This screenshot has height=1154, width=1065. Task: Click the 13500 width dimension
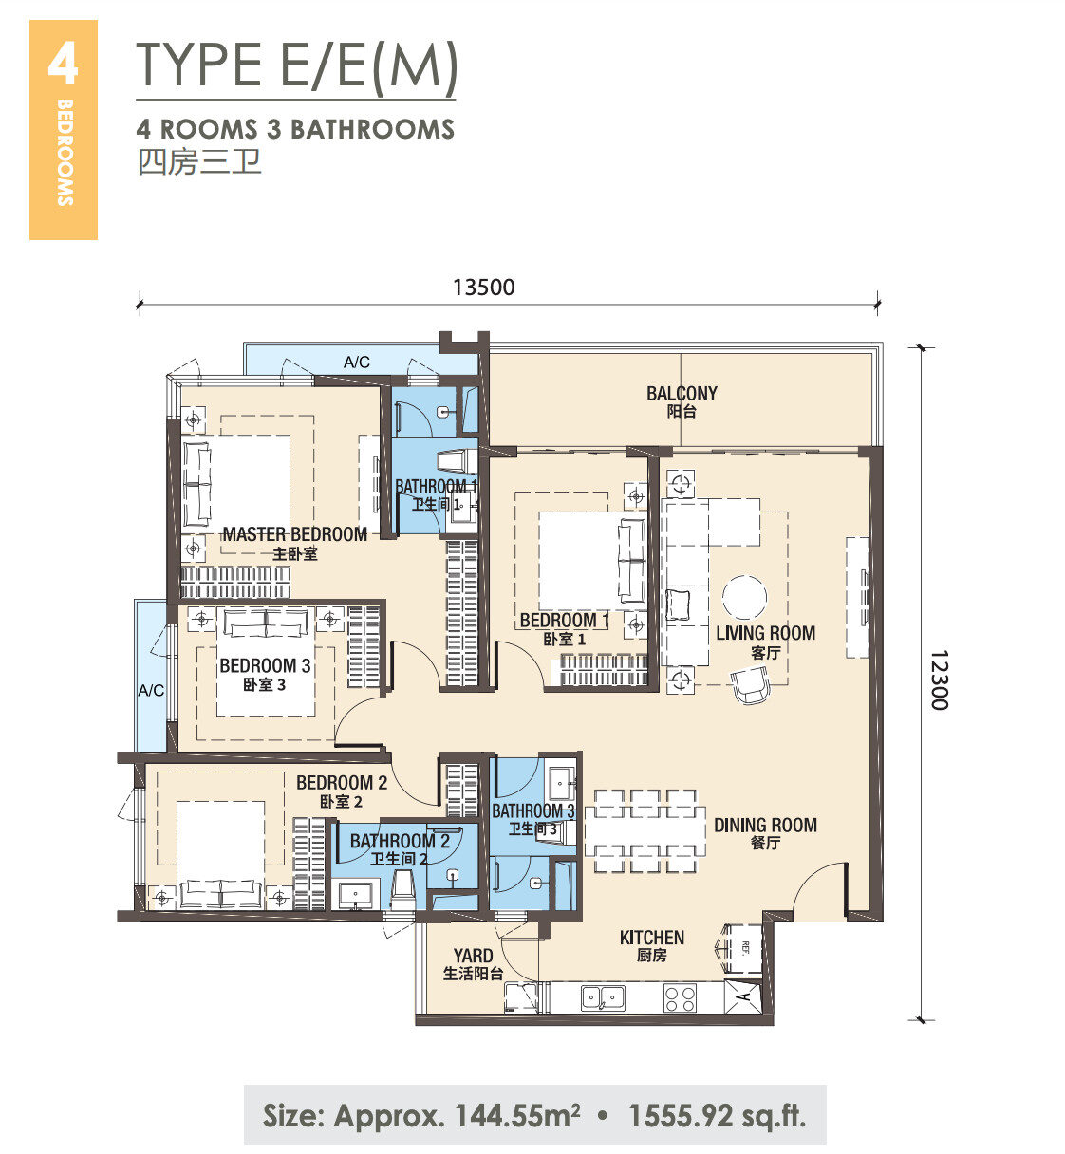click(x=484, y=287)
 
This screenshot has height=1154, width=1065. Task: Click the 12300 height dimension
click(x=939, y=679)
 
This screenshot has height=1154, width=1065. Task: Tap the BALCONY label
click(x=682, y=394)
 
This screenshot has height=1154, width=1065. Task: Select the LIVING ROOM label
click(x=765, y=633)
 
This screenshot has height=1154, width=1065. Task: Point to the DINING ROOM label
click(x=765, y=825)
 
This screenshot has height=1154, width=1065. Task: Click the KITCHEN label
click(x=652, y=938)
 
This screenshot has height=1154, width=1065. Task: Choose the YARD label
click(x=474, y=956)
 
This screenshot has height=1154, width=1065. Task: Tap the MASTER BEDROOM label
click(x=295, y=534)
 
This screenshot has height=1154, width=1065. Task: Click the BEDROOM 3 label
click(x=265, y=665)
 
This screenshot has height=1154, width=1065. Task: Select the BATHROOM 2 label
click(x=400, y=841)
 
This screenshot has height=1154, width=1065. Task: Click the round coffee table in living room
click(x=745, y=597)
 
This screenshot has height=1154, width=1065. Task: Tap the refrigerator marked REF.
click(x=742, y=948)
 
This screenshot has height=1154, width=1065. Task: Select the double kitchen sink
click(x=603, y=998)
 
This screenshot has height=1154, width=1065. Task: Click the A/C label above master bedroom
click(x=356, y=363)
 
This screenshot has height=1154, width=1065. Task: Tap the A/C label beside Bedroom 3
click(x=151, y=690)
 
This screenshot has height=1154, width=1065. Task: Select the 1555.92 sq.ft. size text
click(x=718, y=1116)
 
